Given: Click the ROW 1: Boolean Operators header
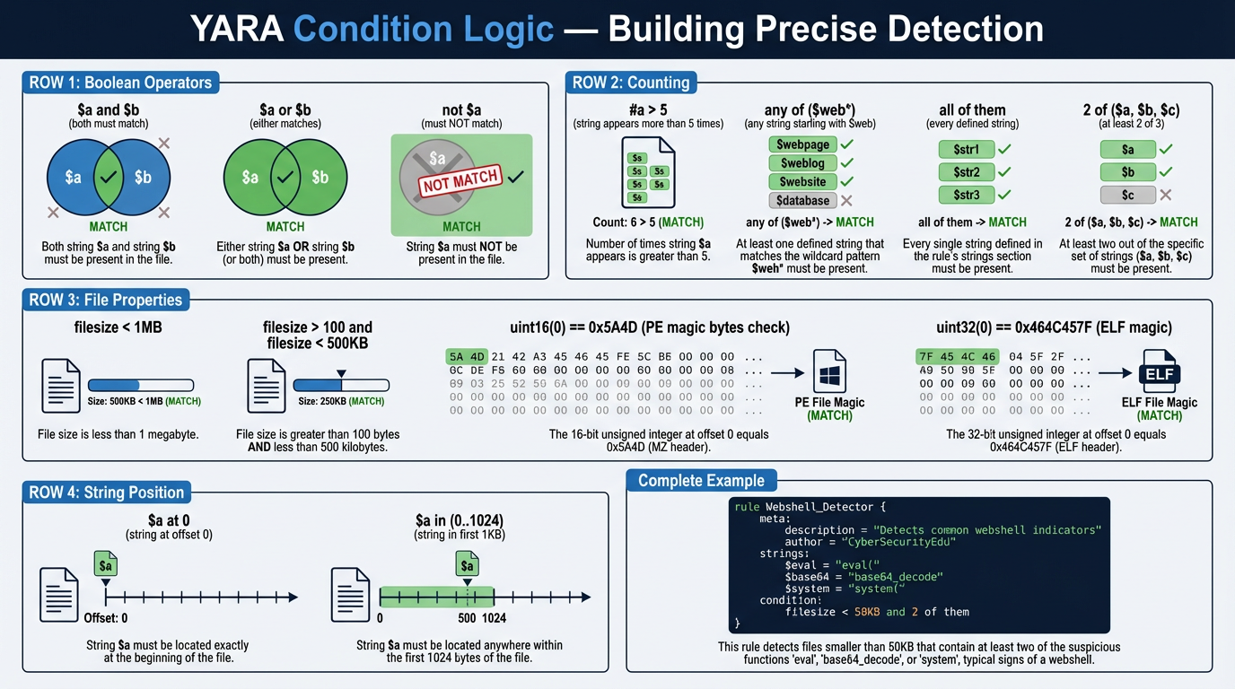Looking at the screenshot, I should pos(120,83).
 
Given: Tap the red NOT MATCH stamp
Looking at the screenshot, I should pos(461,182).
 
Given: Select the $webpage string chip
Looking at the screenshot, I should pos(802,144).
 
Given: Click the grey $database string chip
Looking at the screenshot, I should pos(802,201).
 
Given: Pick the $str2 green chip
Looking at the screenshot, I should pos(966,172).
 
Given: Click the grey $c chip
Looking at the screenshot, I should pos(1127,195).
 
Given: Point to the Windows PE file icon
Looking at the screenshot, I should pos(829,371).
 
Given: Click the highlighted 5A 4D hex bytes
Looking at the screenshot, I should pos(467,357).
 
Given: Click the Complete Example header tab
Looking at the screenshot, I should pos(701,481).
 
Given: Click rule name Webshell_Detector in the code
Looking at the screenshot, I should pos(818,507).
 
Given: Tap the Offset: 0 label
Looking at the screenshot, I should pos(106,618).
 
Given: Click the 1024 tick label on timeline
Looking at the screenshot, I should pos(495,618).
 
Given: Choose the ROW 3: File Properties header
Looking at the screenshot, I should pos(105,301).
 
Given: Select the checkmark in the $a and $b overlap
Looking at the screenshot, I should pos(108,177).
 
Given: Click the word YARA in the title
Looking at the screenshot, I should pos(236,30).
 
